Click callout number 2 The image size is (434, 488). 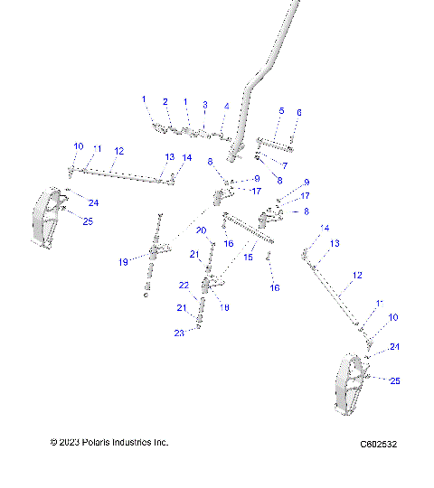click(165, 101)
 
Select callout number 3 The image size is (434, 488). click(205, 105)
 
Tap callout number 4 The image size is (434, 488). click(226, 107)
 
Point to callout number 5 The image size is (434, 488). click(281, 110)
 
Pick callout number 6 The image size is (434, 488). click(299, 112)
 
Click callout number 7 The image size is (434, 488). click(284, 165)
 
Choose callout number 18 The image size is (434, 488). click(224, 307)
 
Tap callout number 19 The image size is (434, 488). click(124, 262)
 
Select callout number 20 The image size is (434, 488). click(202, 230)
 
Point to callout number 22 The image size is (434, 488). click(183, 285)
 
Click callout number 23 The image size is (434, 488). click(179, 333)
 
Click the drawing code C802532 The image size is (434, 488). click(379, 444)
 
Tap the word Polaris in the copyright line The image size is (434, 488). click(103, 443)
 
